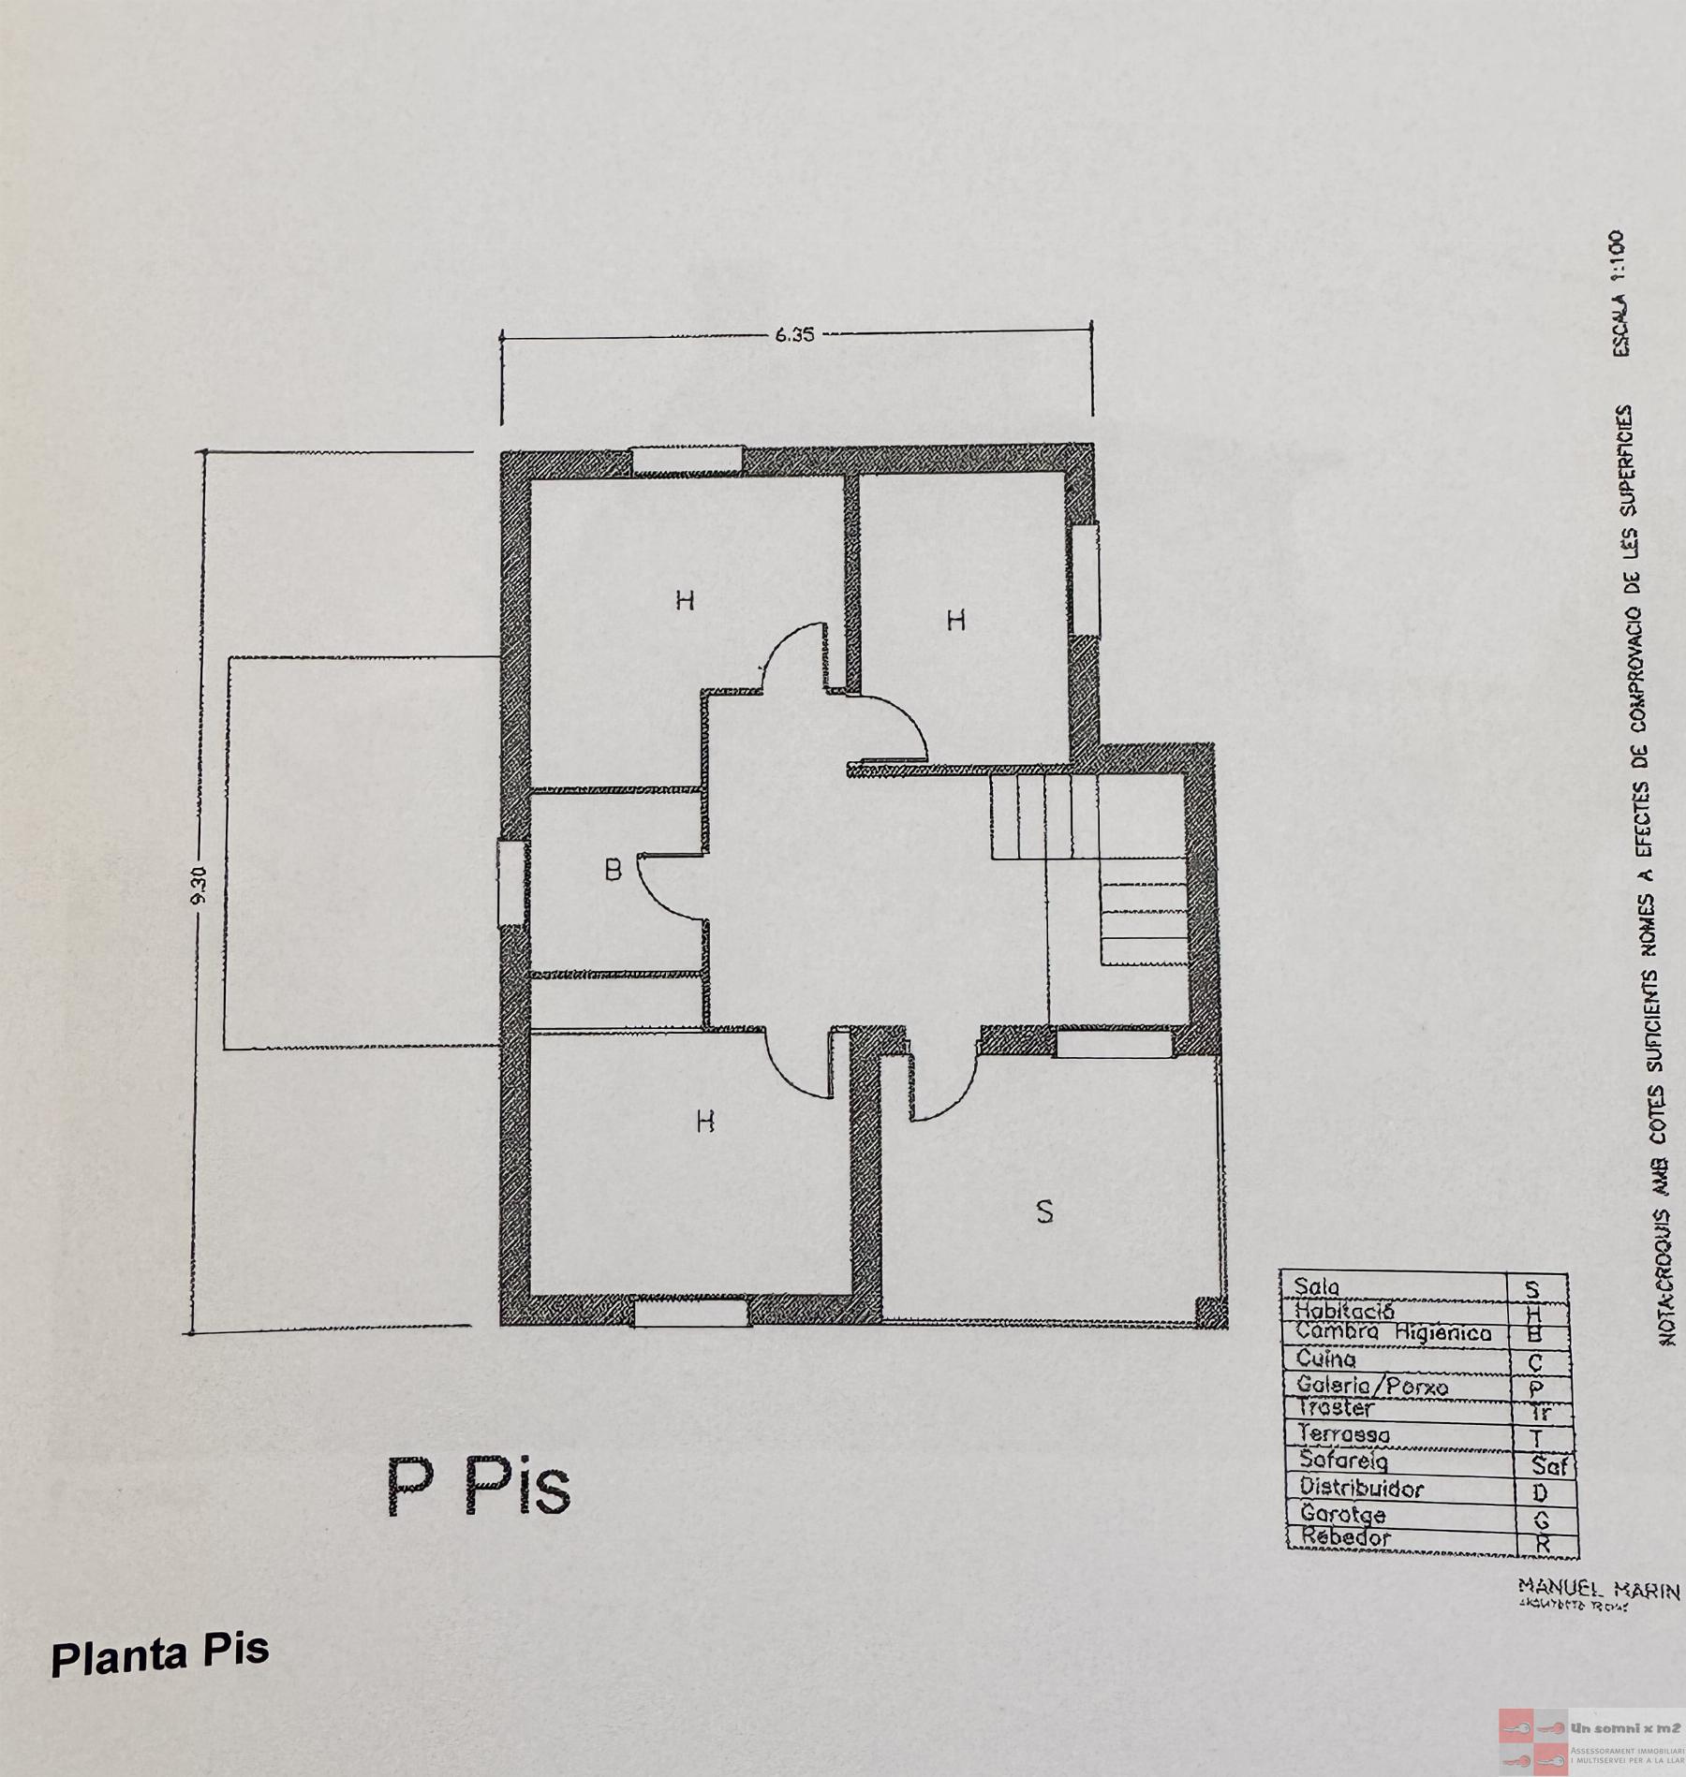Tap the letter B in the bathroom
[x=613, y=872]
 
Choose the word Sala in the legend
[x=1318, y=1286]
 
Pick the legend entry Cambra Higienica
[x=1392, y=1332]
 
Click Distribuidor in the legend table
[x=1361, y=1488]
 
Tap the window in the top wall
[x=687, y=460]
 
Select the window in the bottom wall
[x=690, y=1314]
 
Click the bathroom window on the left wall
[x=510, y=883]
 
